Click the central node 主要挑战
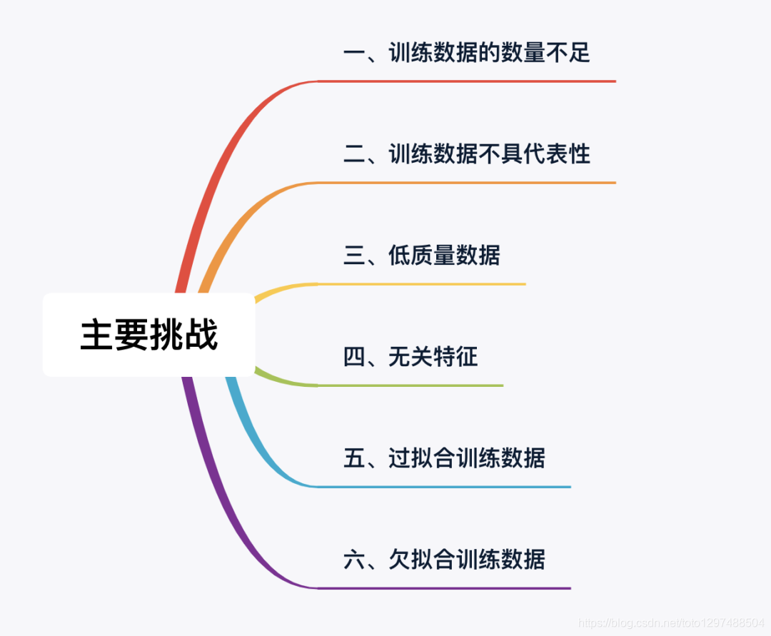click(148, 335)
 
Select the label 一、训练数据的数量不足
click(466, 53)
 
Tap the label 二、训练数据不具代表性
click(466, 154)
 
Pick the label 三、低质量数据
click(421, 256)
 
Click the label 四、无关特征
click(410, 357)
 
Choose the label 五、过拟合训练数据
click(443, 458)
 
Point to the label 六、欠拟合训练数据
click(443, 560)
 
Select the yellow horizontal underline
click(421, 284)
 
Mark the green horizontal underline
click(410, 385)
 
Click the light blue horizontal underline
click(443, 487)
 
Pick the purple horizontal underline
click(443, 588)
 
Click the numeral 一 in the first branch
click(354, 53)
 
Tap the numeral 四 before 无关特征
click(354, 357)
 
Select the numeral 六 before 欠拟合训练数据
click(354, 560)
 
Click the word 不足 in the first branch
click(568, 53)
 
